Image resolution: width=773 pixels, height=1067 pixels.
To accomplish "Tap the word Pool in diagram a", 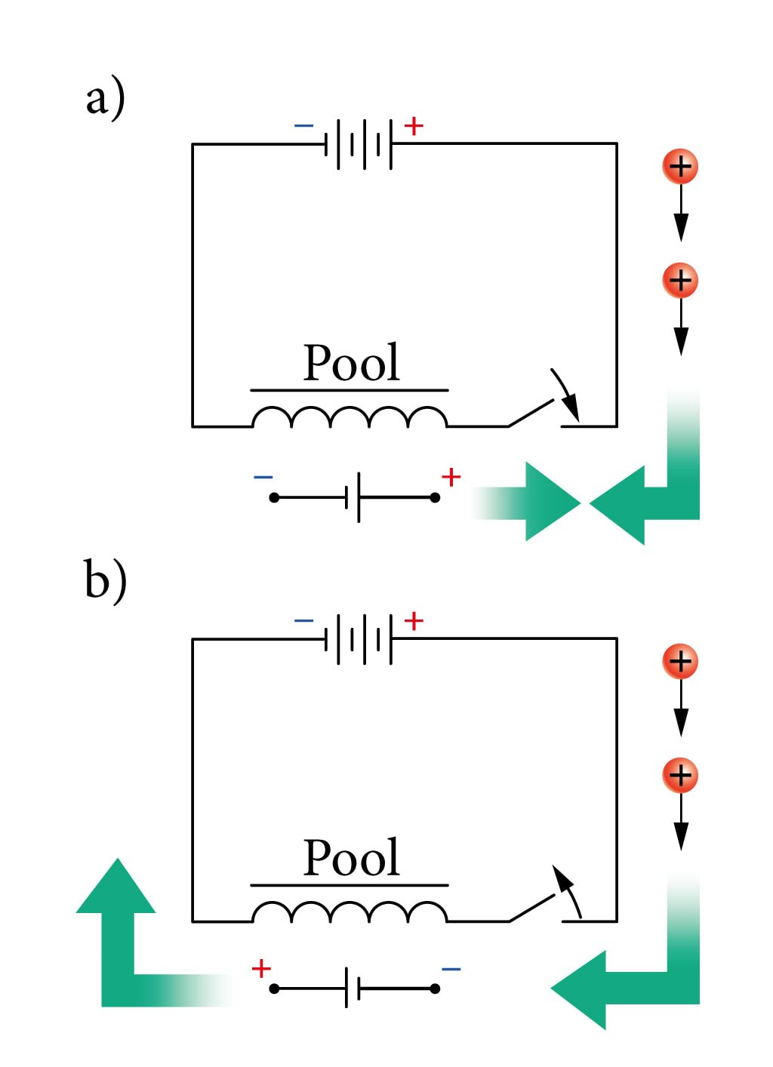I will (351, 363).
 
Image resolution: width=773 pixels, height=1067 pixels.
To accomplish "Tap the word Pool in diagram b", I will (351, 858).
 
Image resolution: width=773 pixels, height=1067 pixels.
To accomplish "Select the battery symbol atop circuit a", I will (359, 143).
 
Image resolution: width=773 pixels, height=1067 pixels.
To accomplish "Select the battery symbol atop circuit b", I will (359, 639).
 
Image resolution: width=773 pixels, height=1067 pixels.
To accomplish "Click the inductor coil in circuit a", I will (350, 417).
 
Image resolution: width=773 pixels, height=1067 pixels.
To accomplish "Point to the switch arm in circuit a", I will (532, 413).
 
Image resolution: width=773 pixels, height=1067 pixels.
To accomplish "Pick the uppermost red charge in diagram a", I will (680, 167).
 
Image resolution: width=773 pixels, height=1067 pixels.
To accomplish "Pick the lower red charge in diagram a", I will (680, 281).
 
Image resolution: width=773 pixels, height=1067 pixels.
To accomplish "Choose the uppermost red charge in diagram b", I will (680, 662).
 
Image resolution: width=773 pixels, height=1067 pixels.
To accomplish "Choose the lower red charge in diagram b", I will (680, 775).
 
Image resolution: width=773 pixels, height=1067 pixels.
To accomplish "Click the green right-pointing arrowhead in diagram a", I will (550, 502).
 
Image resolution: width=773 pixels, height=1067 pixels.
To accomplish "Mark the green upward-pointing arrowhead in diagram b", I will (116, 887).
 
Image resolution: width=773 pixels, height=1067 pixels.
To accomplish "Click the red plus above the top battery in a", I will (414, 126).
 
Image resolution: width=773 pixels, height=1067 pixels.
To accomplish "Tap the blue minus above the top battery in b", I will (303, 621).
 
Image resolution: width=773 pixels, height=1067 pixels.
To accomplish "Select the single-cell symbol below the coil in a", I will (355, 497).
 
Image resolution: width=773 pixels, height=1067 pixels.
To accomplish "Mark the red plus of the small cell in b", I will (261, 968).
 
